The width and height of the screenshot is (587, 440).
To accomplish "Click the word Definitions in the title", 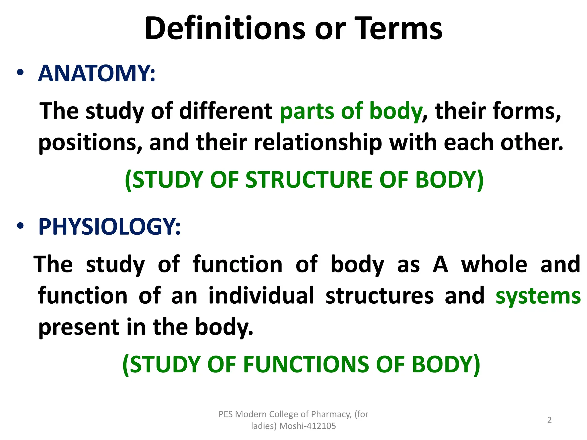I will [225, 29].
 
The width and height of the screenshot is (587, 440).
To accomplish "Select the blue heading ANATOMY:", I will [97, 74].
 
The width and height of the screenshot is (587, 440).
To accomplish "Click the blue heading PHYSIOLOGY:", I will [109, 227].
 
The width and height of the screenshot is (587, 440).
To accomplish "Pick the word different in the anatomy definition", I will [226, 111].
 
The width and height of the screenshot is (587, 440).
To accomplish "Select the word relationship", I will [318, 143].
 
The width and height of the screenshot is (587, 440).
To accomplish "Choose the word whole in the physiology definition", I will [494, 264].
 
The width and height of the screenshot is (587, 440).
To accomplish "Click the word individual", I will [261, 296].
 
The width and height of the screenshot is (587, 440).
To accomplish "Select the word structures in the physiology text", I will [379, 296].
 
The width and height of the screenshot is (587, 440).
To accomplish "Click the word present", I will [79, 327].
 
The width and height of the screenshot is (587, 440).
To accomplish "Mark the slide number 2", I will [549, 420].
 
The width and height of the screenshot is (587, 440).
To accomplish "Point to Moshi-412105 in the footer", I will [308, 426].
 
